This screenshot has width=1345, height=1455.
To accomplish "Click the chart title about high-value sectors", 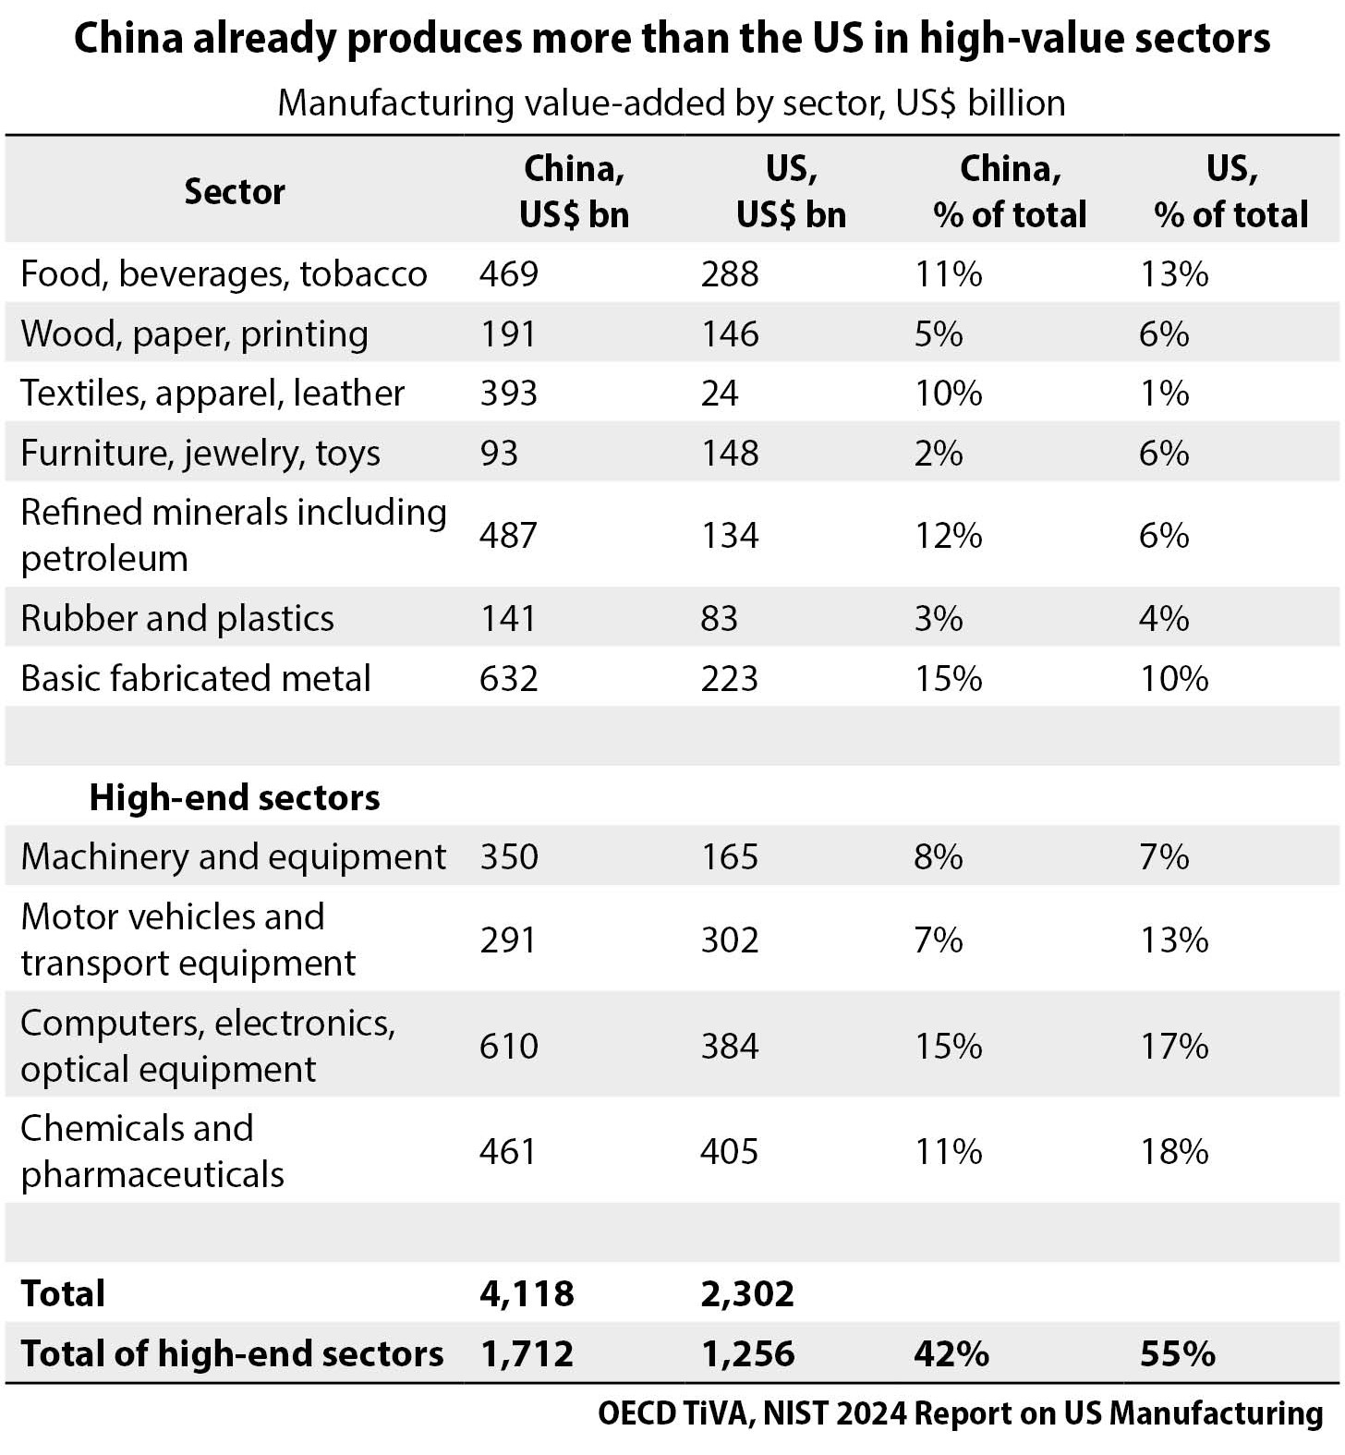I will coord(672,39).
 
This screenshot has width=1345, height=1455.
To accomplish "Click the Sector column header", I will coord(235,191).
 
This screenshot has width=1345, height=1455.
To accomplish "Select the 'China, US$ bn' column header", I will coord(574,191).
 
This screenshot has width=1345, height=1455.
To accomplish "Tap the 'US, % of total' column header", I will coord(1230,191).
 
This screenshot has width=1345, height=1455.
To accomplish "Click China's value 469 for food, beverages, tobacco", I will coord(508,274).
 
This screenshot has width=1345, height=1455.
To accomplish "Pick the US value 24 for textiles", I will coord(720,394).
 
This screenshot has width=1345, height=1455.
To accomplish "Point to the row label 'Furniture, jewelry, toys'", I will coord(200,454).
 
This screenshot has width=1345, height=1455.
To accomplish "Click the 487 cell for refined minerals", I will coord(508,536).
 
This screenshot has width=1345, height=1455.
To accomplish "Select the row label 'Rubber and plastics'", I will coord(177,618).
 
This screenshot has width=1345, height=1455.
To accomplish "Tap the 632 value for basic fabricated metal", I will coord(508,679).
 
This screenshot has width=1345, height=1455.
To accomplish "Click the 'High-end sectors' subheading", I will coord(235,797).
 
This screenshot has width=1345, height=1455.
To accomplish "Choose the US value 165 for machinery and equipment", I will coord(729,856).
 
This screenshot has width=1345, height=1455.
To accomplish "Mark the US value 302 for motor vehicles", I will coord(729,940).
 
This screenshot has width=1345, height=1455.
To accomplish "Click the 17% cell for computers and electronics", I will coord(1173,1046).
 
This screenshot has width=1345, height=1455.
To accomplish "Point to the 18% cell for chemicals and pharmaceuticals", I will coord(1173,1151).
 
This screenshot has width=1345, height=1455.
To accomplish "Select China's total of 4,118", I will coord(527,1293).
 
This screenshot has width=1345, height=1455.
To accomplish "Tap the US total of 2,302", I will coord(747,1293).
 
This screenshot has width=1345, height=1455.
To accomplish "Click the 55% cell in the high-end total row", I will coord(1177,1353).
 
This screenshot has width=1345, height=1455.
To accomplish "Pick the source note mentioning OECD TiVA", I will coord(960,1413).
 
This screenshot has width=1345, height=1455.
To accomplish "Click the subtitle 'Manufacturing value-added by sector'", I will coord(672,103).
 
